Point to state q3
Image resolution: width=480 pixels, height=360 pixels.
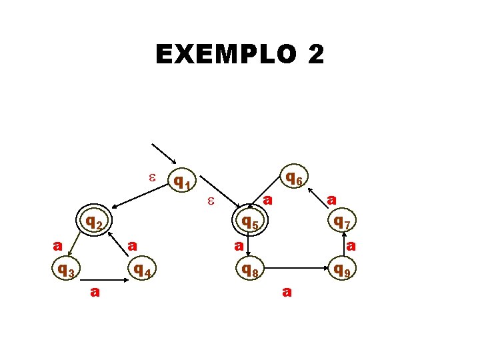(65, 270)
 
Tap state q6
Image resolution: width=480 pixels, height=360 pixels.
(294, 178)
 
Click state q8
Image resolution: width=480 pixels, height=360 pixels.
(251, 270)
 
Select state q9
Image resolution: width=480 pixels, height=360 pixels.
(343, 270)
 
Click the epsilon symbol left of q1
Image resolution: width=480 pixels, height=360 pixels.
(151, 177)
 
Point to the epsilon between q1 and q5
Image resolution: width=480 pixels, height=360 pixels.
(210, 200)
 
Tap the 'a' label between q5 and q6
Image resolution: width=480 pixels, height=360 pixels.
(267, 199)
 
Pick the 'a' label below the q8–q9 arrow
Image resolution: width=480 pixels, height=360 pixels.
(286, 291)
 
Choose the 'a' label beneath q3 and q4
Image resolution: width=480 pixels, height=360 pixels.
(95, 291)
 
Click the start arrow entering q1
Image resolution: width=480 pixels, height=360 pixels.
(164, 154)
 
